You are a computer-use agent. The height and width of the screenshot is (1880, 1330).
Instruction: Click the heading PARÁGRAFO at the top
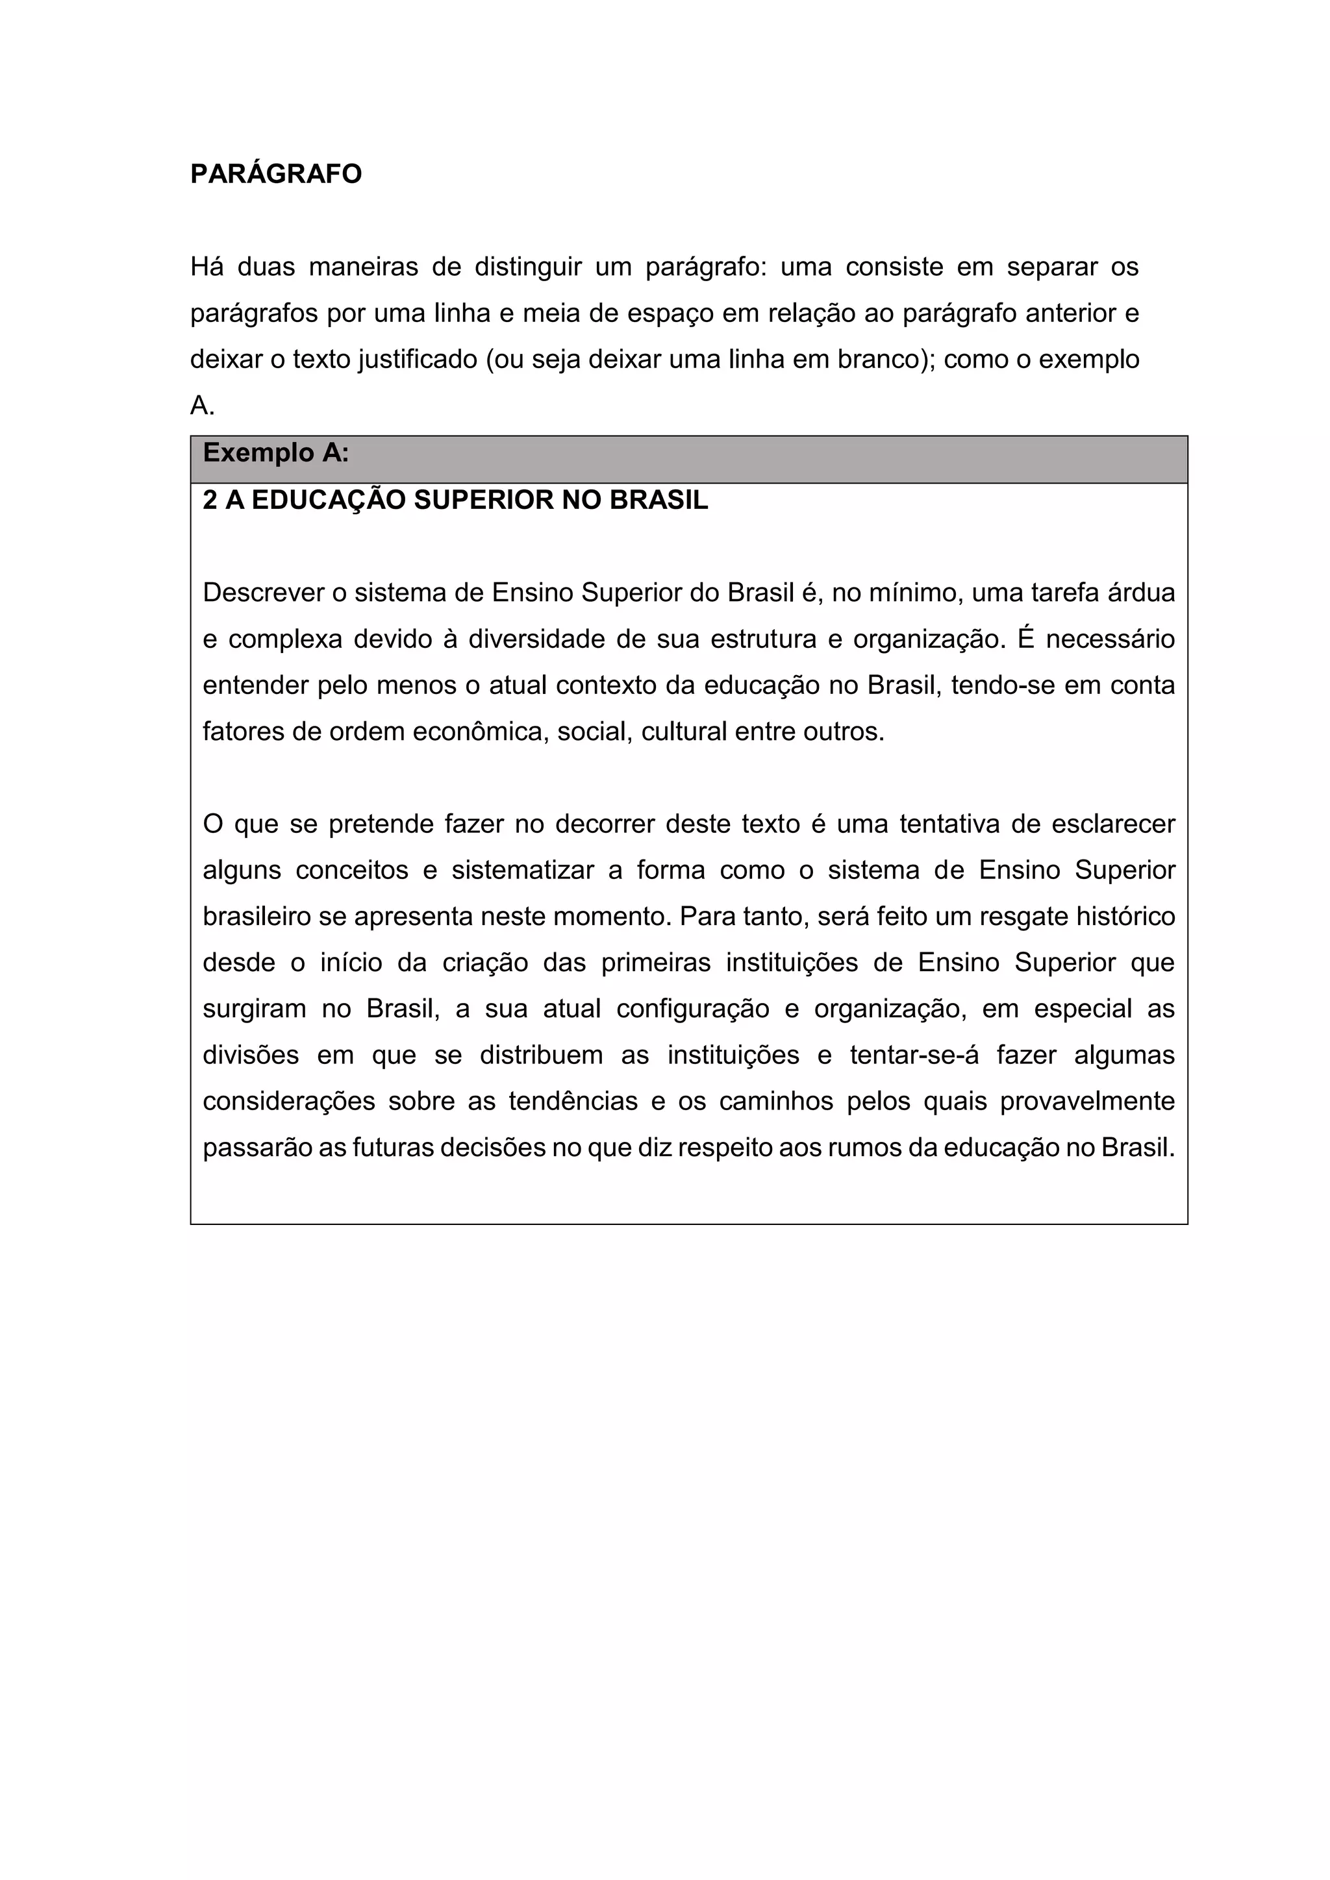(x=276, y=175)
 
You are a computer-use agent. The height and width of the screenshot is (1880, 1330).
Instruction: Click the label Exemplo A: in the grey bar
(x=276, y=453)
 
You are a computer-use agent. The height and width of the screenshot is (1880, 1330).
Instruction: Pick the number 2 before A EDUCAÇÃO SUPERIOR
(x=210, y=501)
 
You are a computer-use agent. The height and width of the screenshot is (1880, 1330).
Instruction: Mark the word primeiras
(x=656, y=963)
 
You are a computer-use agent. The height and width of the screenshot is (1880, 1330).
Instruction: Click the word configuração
(x=693, y=1009)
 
